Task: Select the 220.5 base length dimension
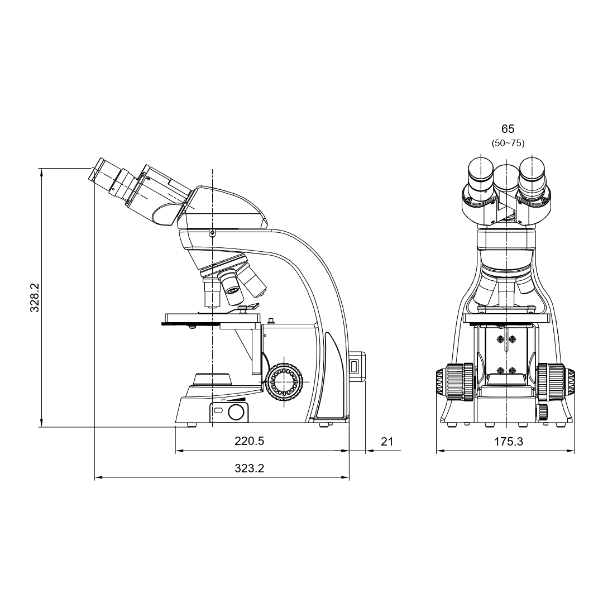pos(249,441)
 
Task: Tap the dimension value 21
pos(387,442)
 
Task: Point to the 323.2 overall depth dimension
pos(249,468)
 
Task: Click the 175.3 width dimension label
pos(508,442)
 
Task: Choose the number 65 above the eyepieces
pos(508,130)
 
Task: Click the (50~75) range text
pos(508,143)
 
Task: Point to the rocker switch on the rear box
pos(353,366)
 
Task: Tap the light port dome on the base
pos(212,379)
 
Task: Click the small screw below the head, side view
pos(212,233)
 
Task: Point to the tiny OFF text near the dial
pos(223,400)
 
